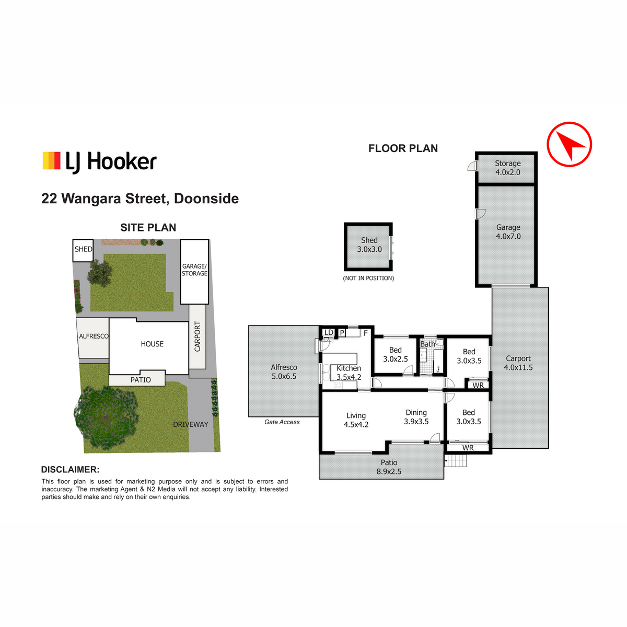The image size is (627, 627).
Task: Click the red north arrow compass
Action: (568, 144)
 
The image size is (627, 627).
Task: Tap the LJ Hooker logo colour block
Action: (51, 160)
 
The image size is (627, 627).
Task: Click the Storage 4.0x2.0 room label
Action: (507, 168)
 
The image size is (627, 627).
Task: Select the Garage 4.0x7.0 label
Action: (508, 231)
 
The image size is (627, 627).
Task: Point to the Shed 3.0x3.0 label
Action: (369, 245)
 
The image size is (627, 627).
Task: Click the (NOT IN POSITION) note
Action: (368, 278)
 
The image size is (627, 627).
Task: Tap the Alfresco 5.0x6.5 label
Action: (284, 371)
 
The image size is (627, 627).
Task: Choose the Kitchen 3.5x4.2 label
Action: (349, 373)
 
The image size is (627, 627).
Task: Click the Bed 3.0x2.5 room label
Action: (396, 354)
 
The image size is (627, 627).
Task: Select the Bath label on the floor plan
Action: (427, 344)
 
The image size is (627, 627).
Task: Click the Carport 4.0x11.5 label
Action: (518, 363)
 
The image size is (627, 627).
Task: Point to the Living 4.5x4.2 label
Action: (356, 420)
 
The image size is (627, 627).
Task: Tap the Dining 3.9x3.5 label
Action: (416, 417)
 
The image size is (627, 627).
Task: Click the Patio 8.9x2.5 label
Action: (389, 467)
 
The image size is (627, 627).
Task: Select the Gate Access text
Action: (282, 422)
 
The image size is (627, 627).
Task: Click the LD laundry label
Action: (329, 332)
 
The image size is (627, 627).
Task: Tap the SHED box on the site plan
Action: (83, 250)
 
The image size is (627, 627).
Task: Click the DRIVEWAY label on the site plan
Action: (190, 424)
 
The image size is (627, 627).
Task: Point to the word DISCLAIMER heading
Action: (70, 470)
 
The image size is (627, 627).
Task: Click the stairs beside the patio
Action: (456, 461)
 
